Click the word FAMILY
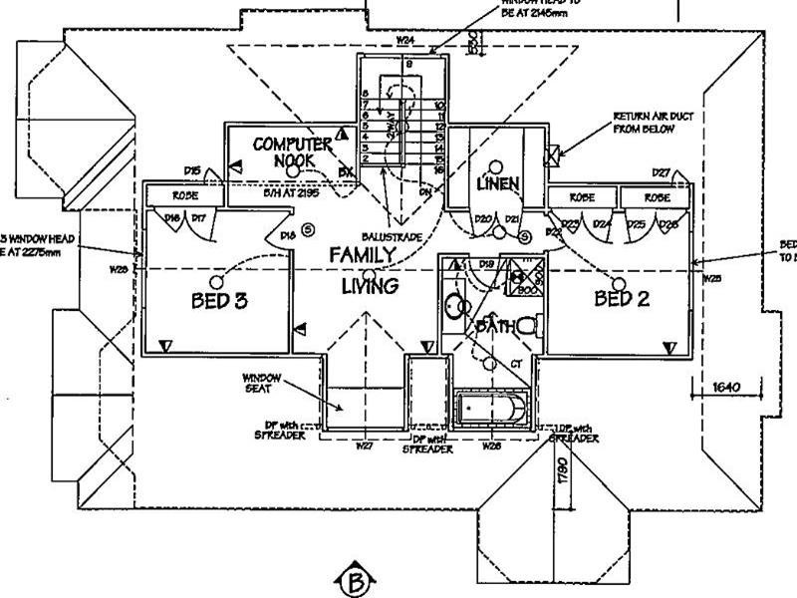click(x=363, y=255)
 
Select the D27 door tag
click(x=662, y=172)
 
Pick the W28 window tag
click(x=491, y=446)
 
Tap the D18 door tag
click(x=287, y=235)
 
